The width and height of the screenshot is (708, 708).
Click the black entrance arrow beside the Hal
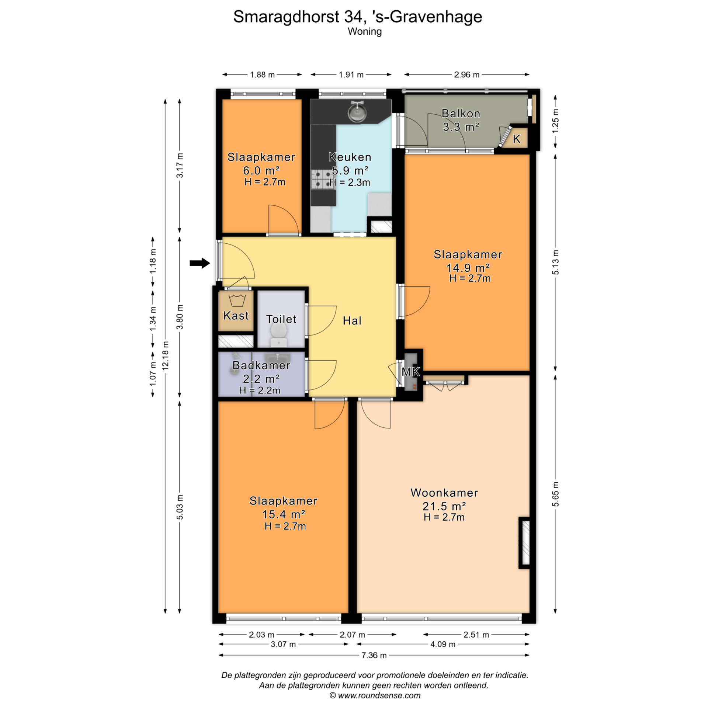200,263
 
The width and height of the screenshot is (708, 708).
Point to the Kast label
236,316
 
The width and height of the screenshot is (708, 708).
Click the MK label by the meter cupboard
411,372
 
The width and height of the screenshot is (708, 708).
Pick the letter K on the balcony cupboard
517,139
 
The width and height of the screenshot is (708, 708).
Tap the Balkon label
461,113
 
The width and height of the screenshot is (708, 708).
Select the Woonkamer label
444,493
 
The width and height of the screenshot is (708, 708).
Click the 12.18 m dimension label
166,355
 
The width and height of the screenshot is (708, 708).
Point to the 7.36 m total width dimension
374,655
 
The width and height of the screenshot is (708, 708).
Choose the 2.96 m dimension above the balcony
467,74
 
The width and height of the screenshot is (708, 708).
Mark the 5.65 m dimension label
555,494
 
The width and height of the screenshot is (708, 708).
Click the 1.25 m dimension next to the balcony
555,121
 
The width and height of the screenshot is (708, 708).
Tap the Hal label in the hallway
352,321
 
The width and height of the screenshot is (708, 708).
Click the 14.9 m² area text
468,267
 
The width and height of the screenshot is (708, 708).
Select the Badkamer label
261,365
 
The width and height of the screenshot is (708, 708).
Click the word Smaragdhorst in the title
286,17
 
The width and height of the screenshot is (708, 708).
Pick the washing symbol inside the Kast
237,301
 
